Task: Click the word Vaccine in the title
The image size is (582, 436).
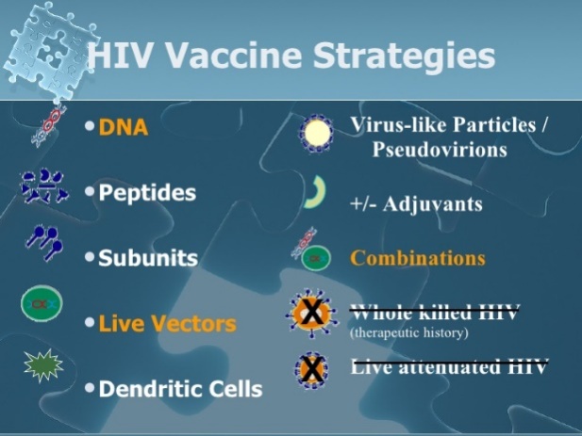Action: [x=232, y=55]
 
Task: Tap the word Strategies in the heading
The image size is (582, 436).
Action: [x=405, y=57]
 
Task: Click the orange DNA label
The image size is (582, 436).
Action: [x=124, y=127]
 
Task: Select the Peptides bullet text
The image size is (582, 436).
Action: [x=147, y=193]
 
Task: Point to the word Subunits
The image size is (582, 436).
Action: [x=148, y=258]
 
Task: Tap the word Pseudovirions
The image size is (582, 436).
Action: [x=440, y=150]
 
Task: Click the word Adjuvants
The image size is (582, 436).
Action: [x=432, y=204]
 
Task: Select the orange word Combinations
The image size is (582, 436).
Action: [x=418, y=258]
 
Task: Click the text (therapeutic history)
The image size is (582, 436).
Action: [x=409, y=332]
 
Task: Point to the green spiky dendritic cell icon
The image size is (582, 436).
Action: [x=43, y=365]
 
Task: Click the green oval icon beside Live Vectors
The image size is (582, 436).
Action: [x=42, y=304]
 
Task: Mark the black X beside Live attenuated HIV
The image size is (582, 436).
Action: [x=312, y=369]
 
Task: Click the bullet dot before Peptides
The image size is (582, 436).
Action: [x=90, y=191]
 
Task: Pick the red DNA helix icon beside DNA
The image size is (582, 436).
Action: [x=49, y=126]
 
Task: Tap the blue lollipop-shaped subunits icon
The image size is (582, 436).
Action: [x=43, y=242]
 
